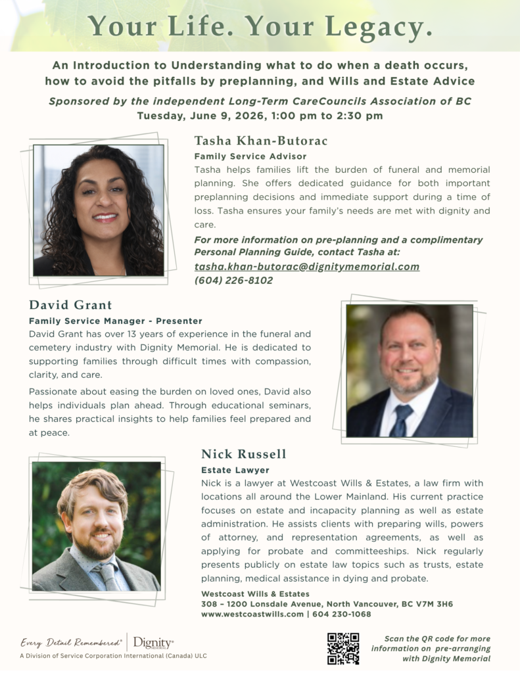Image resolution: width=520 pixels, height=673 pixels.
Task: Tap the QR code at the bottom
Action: pos(343,649)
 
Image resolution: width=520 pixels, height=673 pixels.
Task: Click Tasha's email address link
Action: pos(306,267)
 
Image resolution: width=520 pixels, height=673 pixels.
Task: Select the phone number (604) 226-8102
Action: pos(233,280)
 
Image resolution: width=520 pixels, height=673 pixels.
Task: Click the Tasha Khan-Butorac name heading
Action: pos(261,141)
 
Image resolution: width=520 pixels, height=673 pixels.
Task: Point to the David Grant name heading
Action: pos(70,305)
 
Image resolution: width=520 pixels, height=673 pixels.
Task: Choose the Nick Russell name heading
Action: pos(243,454)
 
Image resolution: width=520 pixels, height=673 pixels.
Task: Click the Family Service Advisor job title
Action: pos(250,156)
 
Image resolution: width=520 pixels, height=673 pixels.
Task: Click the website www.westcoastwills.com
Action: pos(252,614)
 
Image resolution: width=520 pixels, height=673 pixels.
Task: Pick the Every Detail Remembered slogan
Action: pos(71,643)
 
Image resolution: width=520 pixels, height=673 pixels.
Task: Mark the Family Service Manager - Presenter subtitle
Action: pos(116,321)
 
